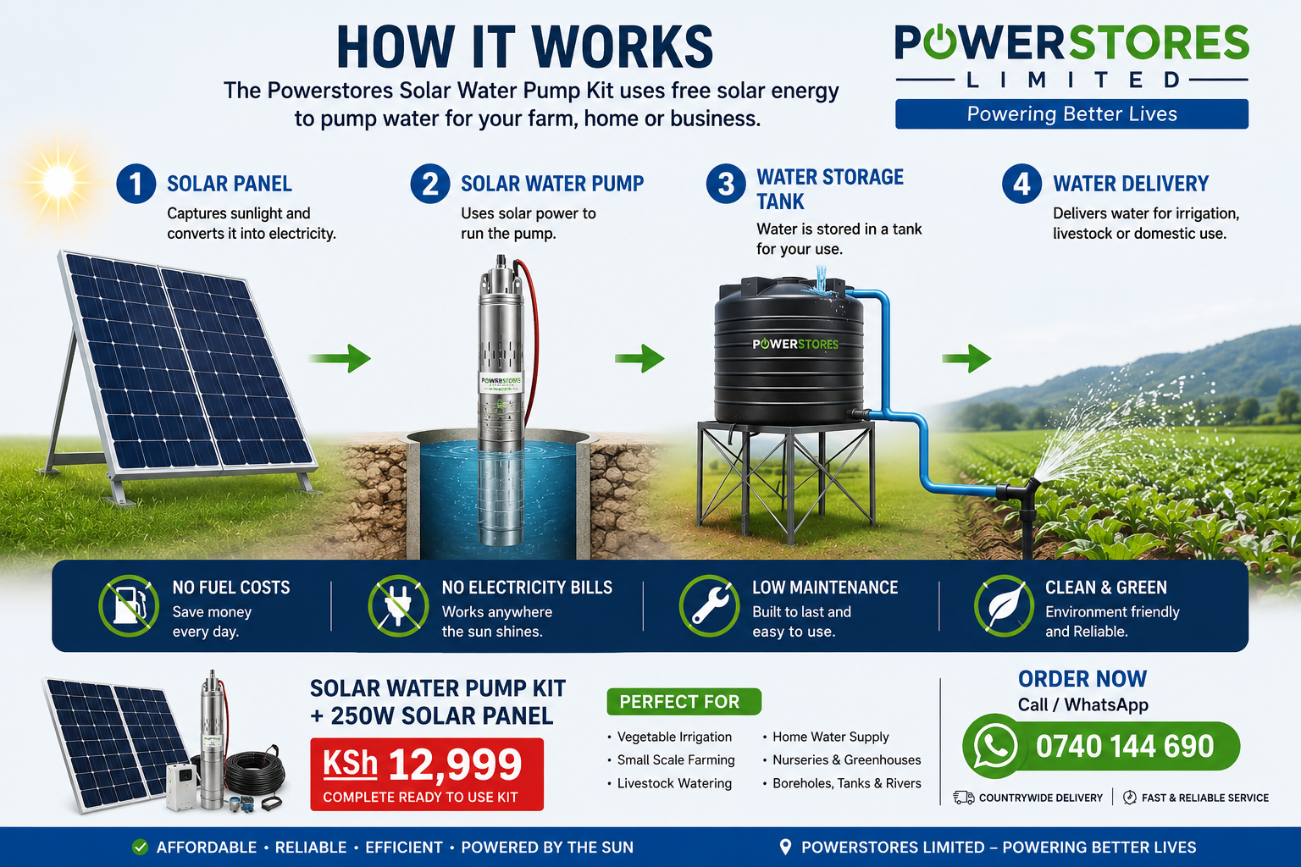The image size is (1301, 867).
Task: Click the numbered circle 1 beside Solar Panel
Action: [x=136, y=184]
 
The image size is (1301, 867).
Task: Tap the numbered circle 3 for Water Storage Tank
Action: [x=726, y=184]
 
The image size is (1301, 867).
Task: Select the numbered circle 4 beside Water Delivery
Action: [x=1021, y=184]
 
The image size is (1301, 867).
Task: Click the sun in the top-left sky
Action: [x=58, y=182]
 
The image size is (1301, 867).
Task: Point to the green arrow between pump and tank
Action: [x=639, y=357]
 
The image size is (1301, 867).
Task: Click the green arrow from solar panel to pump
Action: [x=339, y=357]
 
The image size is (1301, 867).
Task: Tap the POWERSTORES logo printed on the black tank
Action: [x=795, y=344]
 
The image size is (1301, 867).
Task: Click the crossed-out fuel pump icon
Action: [x=129, y=605]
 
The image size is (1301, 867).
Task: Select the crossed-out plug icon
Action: [x=398, y=605]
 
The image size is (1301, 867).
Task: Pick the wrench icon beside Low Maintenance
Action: [x=709, y=605]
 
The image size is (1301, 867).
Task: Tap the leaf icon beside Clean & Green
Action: [x=1004, y=605]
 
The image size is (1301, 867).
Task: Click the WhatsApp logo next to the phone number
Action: [x=994, y=746]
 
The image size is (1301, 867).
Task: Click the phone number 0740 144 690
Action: [x=1125, y=746]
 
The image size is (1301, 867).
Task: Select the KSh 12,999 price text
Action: [x=423, y=764]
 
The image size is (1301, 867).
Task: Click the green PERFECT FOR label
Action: [x=684, y=702]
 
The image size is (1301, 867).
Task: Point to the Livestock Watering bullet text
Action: [x=674, y=783]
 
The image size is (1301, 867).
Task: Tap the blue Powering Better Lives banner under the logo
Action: [x=1071, y=113]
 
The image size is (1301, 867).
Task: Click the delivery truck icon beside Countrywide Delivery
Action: [x=964, y=798]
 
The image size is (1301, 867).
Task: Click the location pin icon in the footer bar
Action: [x=784, y=848]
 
